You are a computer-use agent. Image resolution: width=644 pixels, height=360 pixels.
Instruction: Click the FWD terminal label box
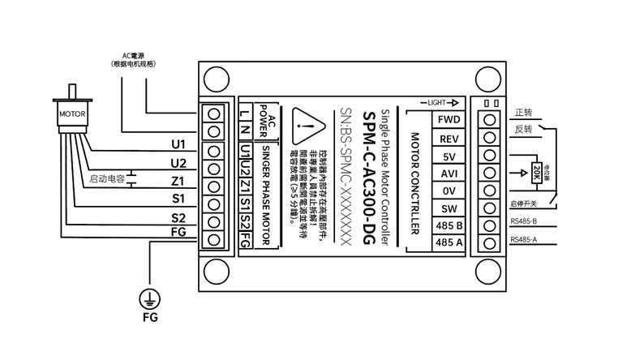click(449, 119)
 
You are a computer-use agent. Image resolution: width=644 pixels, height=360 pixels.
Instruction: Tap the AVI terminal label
click(449, 173)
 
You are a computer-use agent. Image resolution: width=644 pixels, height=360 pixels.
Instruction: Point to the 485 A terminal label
click(449, 242)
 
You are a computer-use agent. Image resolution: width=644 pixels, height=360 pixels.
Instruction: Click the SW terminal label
click(449, 208)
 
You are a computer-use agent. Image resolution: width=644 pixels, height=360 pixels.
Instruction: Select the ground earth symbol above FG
click(148, 297)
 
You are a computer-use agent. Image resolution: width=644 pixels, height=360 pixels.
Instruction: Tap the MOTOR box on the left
click(71, 114)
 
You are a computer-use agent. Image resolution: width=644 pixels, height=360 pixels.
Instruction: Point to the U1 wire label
click(178, 145)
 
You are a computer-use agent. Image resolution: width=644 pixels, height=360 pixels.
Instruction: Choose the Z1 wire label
click(178, 181)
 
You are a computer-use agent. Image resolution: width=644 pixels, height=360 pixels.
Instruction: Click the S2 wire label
click(178, 217)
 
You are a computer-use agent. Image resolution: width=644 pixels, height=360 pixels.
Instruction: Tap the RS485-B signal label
click(525, 221)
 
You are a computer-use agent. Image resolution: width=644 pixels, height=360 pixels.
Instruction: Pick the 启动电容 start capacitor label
click(105, 178)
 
